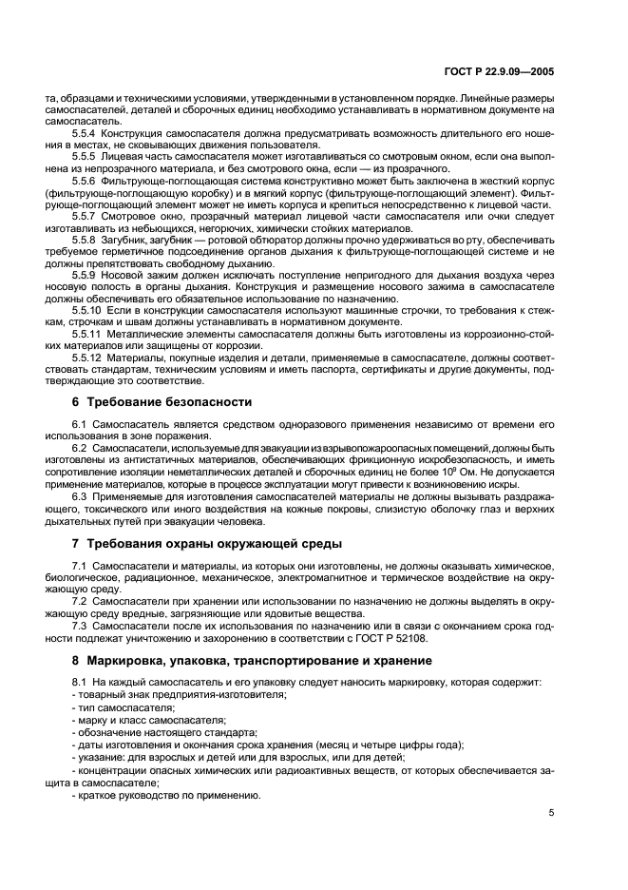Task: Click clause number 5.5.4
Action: [86, 132]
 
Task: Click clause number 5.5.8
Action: [86, 240]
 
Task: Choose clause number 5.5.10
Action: [88, 311]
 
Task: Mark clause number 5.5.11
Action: [88, 335]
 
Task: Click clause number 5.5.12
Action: [88, 358]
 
